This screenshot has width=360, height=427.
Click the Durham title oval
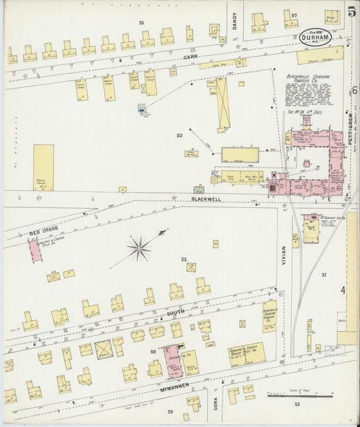click(316, 37)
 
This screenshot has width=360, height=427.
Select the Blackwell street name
click(205, 199)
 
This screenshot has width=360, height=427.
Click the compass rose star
click(138, 248)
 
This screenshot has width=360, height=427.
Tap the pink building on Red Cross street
click(34, 251)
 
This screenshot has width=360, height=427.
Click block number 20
click(179, 135)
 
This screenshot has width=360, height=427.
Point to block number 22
click(183, 259)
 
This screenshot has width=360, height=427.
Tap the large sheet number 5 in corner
click(351, 11)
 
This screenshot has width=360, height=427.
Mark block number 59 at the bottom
click(170, 411)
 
